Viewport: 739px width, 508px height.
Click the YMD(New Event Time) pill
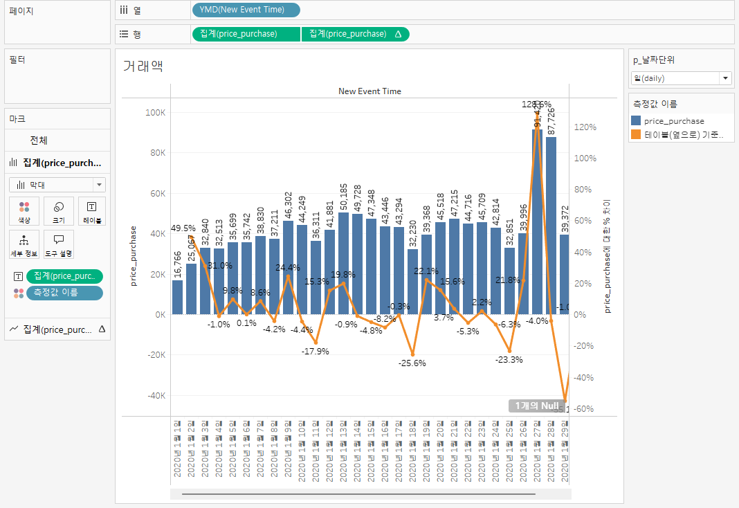pyautogui.click(x=246, y=10)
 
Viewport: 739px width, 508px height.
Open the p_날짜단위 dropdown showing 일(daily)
pyautogui.click(x=682, y=78)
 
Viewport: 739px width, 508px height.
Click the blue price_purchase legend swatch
pyautogui.click(x=637, y=121)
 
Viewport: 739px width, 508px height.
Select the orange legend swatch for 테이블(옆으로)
pyautogui.click(x=637, y=135)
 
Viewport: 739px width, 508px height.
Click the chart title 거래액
pyautogui.click(x=143, y=66)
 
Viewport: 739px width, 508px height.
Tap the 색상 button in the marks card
pyautogui.click(x=24, y=211)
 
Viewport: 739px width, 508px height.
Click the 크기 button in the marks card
pyautogui.click(x=58, y=211)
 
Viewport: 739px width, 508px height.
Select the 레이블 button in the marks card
pyautogui.click(x=92, y=211)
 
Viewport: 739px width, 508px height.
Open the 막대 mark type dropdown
pyautogui.click(x=57, y=185)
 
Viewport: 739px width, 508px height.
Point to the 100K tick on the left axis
pyautogui.click(x=156, y=112)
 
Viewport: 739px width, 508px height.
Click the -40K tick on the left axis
pyautogui.click(x=156, y=396)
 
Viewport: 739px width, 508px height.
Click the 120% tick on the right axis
pyautogui.click(x=585, y=127)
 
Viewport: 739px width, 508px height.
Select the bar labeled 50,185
pyautogui.click(x=343, y=263)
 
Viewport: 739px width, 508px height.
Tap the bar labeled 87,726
pyautogui.click(x=551, y=225)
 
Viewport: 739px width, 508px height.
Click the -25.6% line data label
pyautogui.click(x=412, y=363)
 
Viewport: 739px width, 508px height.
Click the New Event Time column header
pyautogui.click(x=369, y=91)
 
